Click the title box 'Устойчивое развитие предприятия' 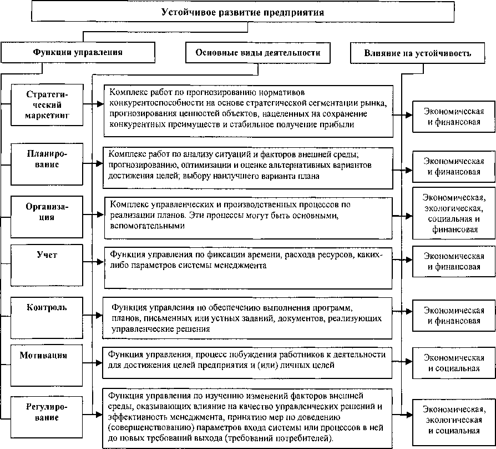pyautogui.click(x=242, y=12)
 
